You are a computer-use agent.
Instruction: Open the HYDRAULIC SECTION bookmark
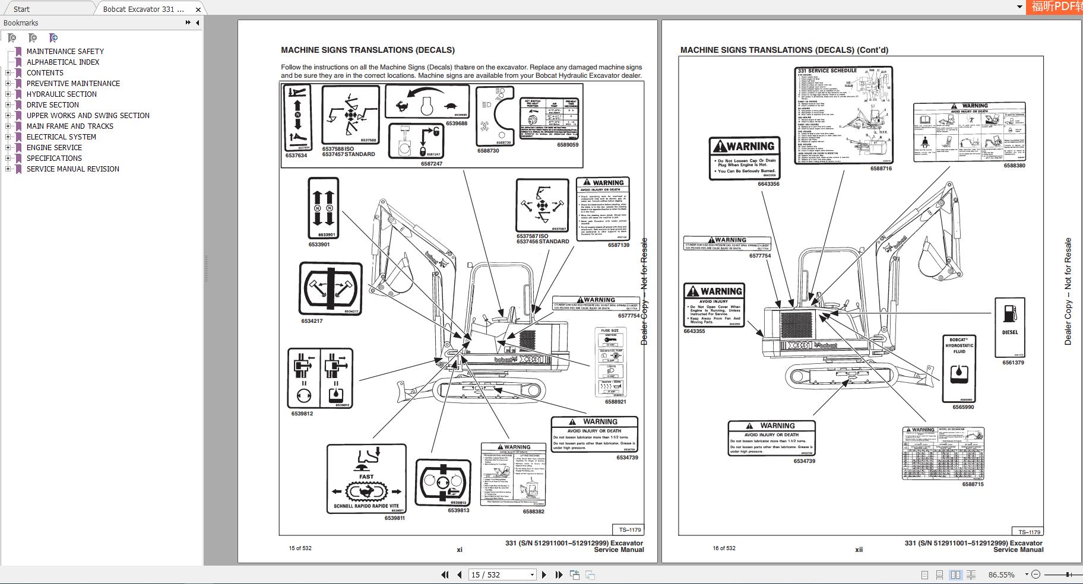point(61,94)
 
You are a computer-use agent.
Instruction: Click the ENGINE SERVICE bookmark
point(54,147)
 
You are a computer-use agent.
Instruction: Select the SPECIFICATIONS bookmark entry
point(54,158)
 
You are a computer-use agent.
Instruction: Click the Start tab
point(21,9)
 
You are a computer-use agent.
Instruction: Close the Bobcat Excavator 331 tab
point(198,9)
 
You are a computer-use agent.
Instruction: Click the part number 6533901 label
point(319,245)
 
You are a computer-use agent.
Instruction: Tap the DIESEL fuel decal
point(1009,327)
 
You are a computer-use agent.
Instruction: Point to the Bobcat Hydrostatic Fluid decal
point(959,368)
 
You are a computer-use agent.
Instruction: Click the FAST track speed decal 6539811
point(366,478)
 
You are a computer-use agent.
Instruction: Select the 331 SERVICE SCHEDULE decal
point(843,115)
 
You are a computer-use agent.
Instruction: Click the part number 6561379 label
point(1013,363)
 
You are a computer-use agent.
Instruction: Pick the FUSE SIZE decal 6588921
point(611,362)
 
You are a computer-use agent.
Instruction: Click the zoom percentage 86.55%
point(1001,575)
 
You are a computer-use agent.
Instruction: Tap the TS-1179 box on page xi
point(629,529)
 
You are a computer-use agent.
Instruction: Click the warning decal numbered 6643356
point(744,158)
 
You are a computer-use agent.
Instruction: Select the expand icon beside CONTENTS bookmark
point(8,73)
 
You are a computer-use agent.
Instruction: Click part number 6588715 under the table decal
point(973,484)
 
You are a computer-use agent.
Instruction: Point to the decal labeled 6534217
point(330,289)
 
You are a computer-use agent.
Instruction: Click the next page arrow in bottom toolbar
point(544,575)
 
